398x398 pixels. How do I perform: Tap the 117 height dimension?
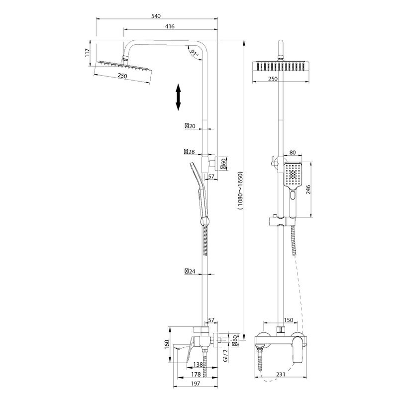pyautogui.click(x=87, y=52)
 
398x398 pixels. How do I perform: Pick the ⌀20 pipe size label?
pyautogui.click(x=190, y=126)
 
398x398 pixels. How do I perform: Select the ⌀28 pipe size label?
pyautogui.click(x=189, y=151)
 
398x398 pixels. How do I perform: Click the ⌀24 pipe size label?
pyautogui.click(x=190, y=271)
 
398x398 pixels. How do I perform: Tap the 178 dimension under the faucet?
pyautogui.click(x=197, y=374)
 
